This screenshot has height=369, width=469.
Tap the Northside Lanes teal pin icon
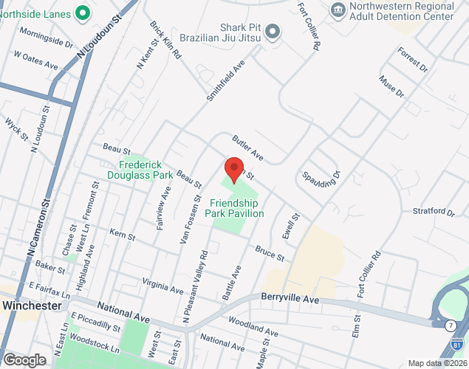[x=83, y=13]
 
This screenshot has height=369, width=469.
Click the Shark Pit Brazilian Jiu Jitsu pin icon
[x=273, y=31]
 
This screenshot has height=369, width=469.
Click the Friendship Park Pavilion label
[x=237, y=208]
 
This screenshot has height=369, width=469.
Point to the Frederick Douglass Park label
[x=146, y=170]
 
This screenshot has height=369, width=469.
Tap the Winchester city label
[x=31, y=305]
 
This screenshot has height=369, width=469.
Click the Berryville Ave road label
[x=290, y=300]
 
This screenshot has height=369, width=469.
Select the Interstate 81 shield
[x=459, y=345]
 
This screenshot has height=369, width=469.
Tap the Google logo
[x=24, y=359]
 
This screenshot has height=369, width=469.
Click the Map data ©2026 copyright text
[x=437, y=363]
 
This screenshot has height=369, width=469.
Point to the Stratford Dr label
[x=433, y=212]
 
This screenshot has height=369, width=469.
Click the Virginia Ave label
[x=162, y=286]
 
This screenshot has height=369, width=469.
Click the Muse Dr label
[x=391, y=86]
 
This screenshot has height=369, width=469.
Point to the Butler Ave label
[x=247, y=148]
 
